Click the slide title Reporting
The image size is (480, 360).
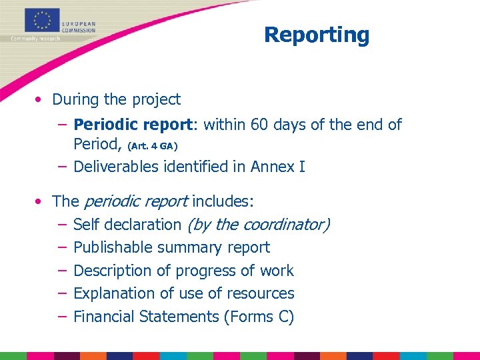click(316, 35)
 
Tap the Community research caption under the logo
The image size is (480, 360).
click(35, 39)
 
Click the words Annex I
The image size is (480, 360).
click(278, 167)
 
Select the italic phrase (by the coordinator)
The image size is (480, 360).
click(258, 225)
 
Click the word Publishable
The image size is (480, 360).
click(113, 247)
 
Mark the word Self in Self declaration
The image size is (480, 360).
click(85, 225)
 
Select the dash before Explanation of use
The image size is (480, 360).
click(61, 293)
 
